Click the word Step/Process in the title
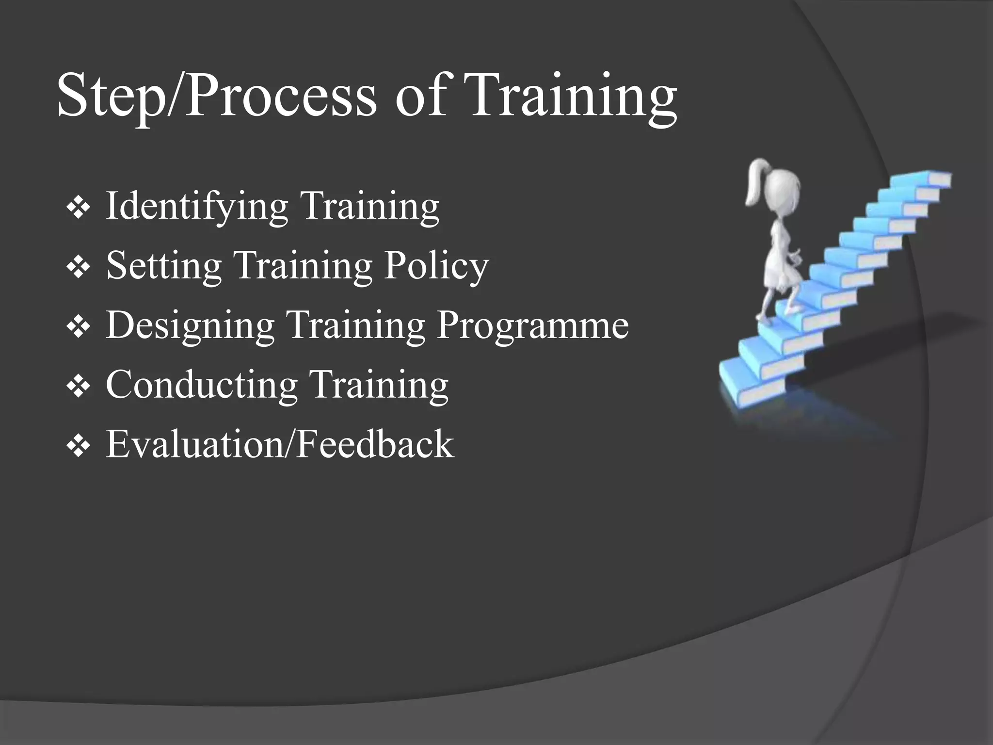pyautogui.click(x=216, y=96)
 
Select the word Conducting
pyautogui.click(x=202, y=385)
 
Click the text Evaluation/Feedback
pyautogui.click(x=280, y=444)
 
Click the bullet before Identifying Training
pyautogui.click(x=79, y=209)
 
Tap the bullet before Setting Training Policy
pyautogui.click(x=79, y=268)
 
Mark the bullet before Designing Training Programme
pyautogui.click(x=79, y=327)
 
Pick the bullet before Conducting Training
pyautogui.click(x=79, y=387)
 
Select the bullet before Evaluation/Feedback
pyautogui.click(x=79, y=446)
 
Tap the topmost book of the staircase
pyautogui.click(x=929, y=178)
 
